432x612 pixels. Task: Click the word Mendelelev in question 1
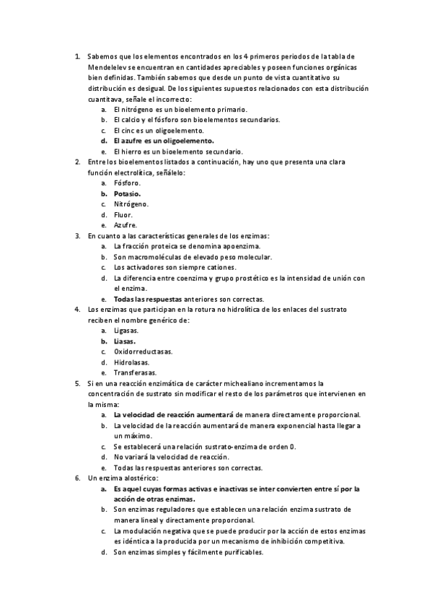(x=106, y=67)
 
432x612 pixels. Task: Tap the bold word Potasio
(x=128, y=193)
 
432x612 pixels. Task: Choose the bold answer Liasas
(x=125, y=341)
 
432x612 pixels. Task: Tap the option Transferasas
(x=134, y=372)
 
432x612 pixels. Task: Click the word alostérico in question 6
(x=136, y=478)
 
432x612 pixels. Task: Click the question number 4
(x=77, y=310)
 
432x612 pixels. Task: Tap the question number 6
(x=77, y=478)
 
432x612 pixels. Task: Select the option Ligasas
(x=127, y=331)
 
